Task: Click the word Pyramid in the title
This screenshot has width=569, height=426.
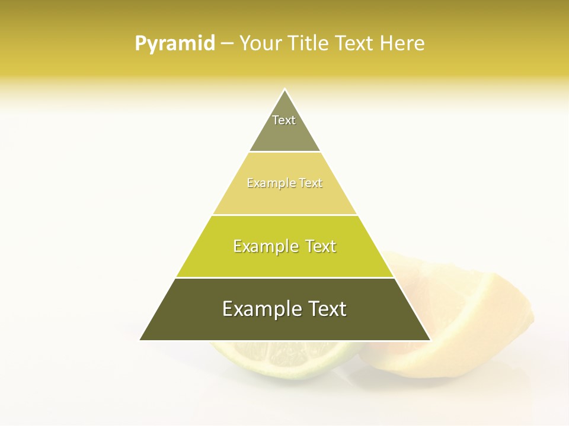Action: (x=174, y=44)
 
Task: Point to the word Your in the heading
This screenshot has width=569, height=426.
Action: (x=260, y=43)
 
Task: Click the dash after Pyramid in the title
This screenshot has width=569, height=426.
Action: (x=226, y=44)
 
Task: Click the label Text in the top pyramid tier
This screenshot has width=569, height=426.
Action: (x=284, y=120)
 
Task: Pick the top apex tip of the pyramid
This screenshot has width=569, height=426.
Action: (x=285, y=90)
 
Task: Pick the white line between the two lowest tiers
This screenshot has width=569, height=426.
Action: (x=284, y=277)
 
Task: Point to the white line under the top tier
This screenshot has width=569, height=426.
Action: (x=284, y=152)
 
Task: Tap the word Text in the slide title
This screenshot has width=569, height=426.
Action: (x=354, y=43)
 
